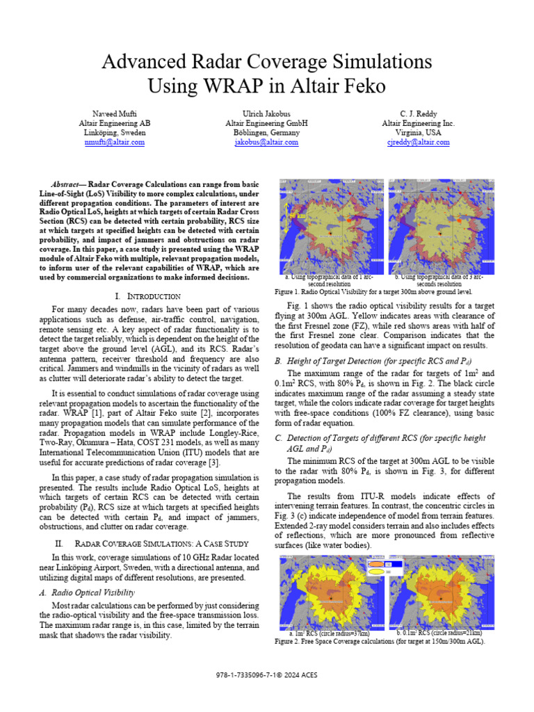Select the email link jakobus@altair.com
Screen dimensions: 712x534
pyautogui.click(x=266, y=142)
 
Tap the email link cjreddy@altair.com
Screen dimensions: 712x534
pyautogui.click(x=419, y=142)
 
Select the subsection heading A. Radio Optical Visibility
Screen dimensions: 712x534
pyautogui.click(x=99, y=592)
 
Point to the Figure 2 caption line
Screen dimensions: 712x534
pyautogui.click(x=380, y=642)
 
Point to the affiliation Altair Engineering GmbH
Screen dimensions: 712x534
pyautogui.click(x=266, y=123)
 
